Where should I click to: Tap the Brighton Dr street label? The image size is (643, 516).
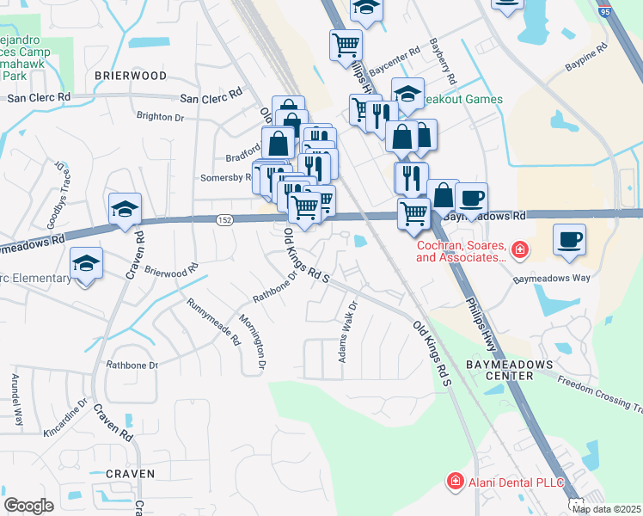coord(161,116)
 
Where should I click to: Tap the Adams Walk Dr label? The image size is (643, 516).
coord(347,331)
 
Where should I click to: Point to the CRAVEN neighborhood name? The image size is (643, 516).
coord(130,474)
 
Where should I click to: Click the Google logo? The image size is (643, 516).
coord(28,506)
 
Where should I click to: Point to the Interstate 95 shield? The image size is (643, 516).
coord(605,12)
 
